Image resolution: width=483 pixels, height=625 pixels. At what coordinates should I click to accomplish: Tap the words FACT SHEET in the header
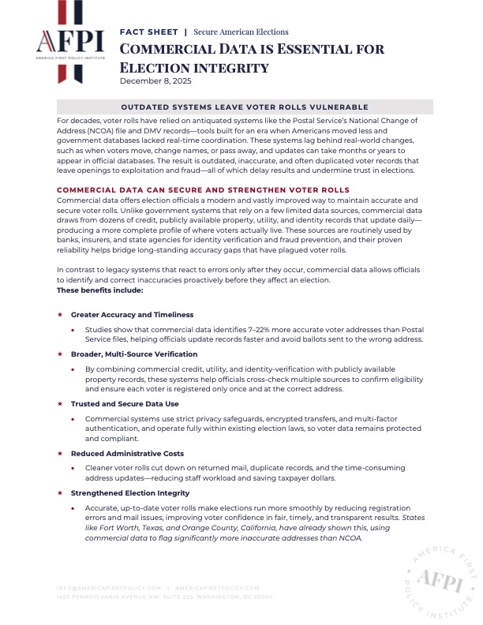pyautogui.click(x=148, y=32)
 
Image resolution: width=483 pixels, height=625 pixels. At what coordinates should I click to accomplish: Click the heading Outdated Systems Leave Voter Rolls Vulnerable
pyautogui.click(x=245, y=107)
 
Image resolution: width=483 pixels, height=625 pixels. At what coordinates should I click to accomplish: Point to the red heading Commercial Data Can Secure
pyautogui.click(x=203, y=190)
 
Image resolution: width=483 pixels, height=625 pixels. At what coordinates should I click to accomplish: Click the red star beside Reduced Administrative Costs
pyautogui.click(x=60, y=454)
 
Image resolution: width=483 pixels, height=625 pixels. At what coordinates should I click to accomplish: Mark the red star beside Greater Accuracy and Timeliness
pyautogui.click(x=60, y=315)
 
